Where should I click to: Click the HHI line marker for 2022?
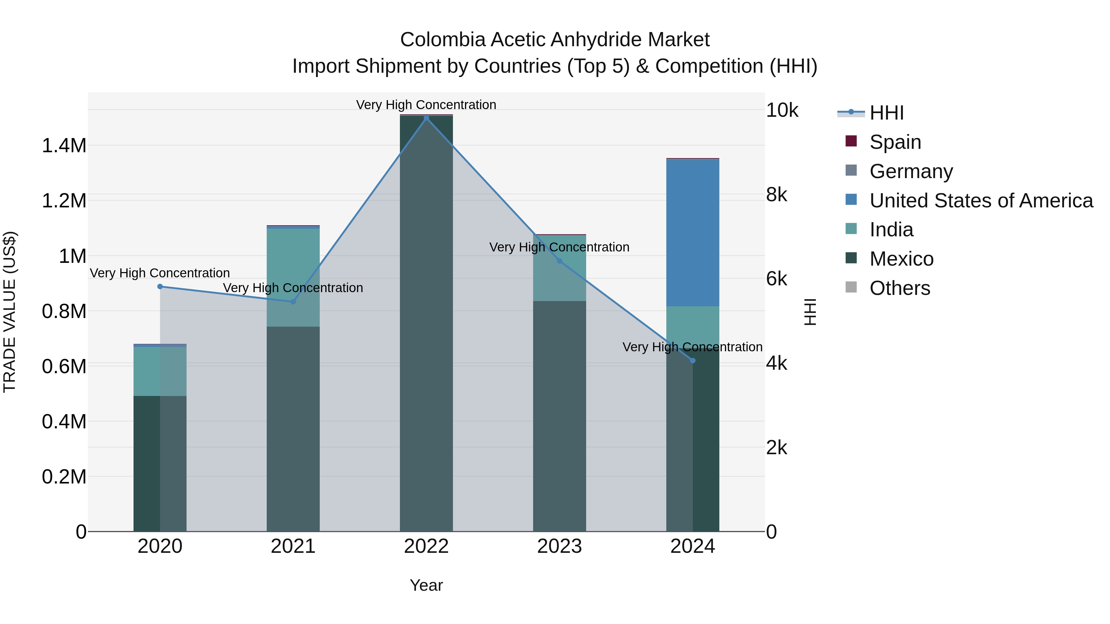pos(426,118)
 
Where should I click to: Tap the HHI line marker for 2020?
pos(160,286)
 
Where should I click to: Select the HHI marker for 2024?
pos(693,361)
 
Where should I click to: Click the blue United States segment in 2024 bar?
pos(693,233)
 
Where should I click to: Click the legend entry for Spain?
pos(895,142)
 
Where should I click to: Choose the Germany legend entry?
pos(911,171)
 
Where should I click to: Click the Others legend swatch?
pos(851,287)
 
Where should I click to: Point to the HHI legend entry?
pos(886,113)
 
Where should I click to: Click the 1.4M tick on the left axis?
pos(64,145)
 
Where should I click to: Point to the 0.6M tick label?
pos(64,366)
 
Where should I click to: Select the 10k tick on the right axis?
pos(782,111)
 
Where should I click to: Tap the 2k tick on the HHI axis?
pos(776,448)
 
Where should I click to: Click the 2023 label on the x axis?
pos(559,546)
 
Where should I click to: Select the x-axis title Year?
pos(426,585)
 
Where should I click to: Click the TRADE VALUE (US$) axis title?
pos(10,312)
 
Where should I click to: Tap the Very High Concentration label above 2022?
pos(426,105)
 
